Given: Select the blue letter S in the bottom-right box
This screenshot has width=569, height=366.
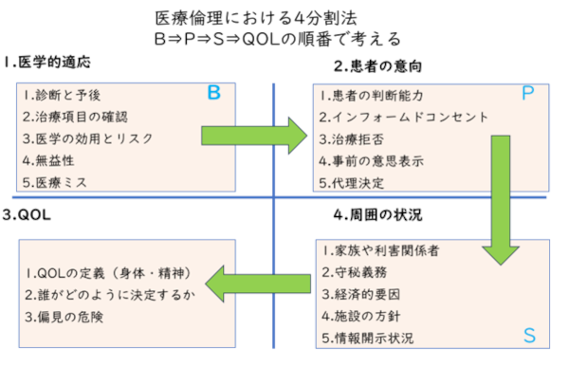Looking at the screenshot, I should pyautogui.click(x=529, y=335).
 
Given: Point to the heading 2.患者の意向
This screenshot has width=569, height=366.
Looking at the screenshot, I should pyautogui.click(x=377, y=65).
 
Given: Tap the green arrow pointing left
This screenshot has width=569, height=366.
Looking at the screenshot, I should pyautogui.click(x=249, y=281).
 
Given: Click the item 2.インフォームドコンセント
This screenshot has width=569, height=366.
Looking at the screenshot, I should pyautogui.click(x=403, y=118).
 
